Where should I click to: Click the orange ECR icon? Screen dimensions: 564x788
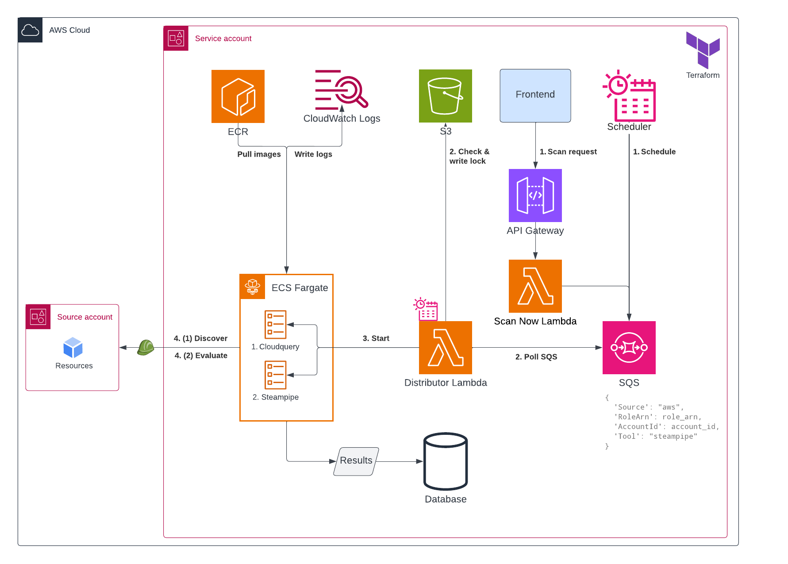click(238, 96)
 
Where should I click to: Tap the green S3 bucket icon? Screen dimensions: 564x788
click(446, 96)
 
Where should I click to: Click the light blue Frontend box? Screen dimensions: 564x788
click(535, 96)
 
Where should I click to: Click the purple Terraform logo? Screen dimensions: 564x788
click(703, 49)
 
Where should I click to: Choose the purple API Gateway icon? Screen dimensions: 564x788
click(535, 196)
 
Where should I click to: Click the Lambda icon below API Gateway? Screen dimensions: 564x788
click(535, 286)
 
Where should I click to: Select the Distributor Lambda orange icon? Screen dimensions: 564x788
click(446, 348)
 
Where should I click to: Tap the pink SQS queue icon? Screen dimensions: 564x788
click(629, 348)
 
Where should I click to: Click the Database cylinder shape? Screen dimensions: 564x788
click(446, 461)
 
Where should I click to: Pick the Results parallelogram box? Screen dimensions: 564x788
click(356, 461)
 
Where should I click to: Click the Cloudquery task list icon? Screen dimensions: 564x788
click(276, 325)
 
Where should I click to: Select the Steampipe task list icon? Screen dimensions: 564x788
click(276, 375)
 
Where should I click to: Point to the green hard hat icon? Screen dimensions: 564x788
click(146, 347)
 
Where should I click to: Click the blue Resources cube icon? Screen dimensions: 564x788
click(73, 348)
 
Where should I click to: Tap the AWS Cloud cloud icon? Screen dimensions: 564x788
click(30, 30)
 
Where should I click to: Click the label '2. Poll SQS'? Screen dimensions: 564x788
click(536, 357)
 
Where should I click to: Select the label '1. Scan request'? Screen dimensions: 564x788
click(568, 152)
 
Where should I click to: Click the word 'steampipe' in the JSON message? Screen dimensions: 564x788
click(673, 437)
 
